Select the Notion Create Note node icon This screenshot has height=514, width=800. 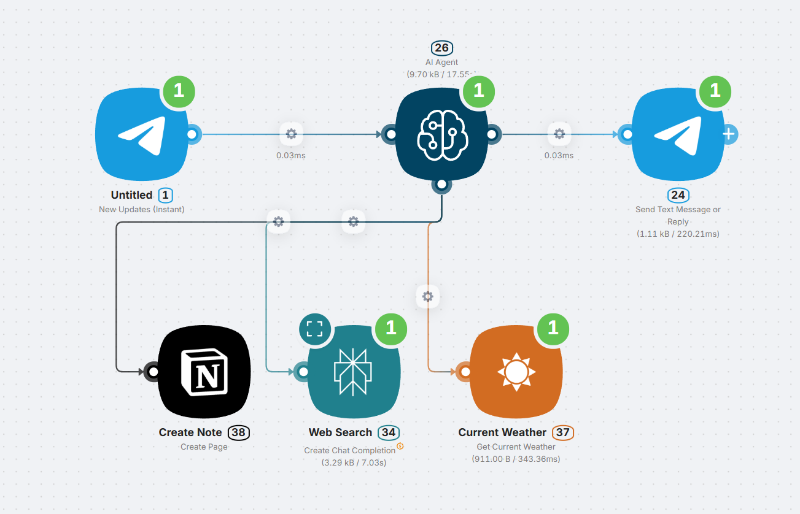click(x=204, y=372)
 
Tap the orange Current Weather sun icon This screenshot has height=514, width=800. click(x=516, y=372)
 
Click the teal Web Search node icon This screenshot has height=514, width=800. click(x=354, y=372)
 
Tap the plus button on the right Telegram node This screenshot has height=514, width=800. click(x=729, y=134)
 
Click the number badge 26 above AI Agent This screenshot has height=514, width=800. click(x=441, y=48)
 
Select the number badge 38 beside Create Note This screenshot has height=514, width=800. click(x=238, y=432)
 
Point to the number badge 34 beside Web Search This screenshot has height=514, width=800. click(x=389, y=432)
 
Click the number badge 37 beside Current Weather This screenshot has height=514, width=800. click(x=563, y=432)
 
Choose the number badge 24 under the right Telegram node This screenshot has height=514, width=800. click(x=678, y=195)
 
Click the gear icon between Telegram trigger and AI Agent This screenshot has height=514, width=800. click(x=291, y=134)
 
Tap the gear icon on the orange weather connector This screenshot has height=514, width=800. click(x=428, y=297)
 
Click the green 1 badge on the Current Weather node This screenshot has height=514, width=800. click(x=553, y=328)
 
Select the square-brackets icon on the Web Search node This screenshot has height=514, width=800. click(x=314, y=329)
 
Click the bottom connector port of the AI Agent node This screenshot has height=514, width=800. click(x=441, y=183)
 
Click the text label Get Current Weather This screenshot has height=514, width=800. click(x=516, y=447)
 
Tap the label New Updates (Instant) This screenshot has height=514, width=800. click(x=142, y=209)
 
